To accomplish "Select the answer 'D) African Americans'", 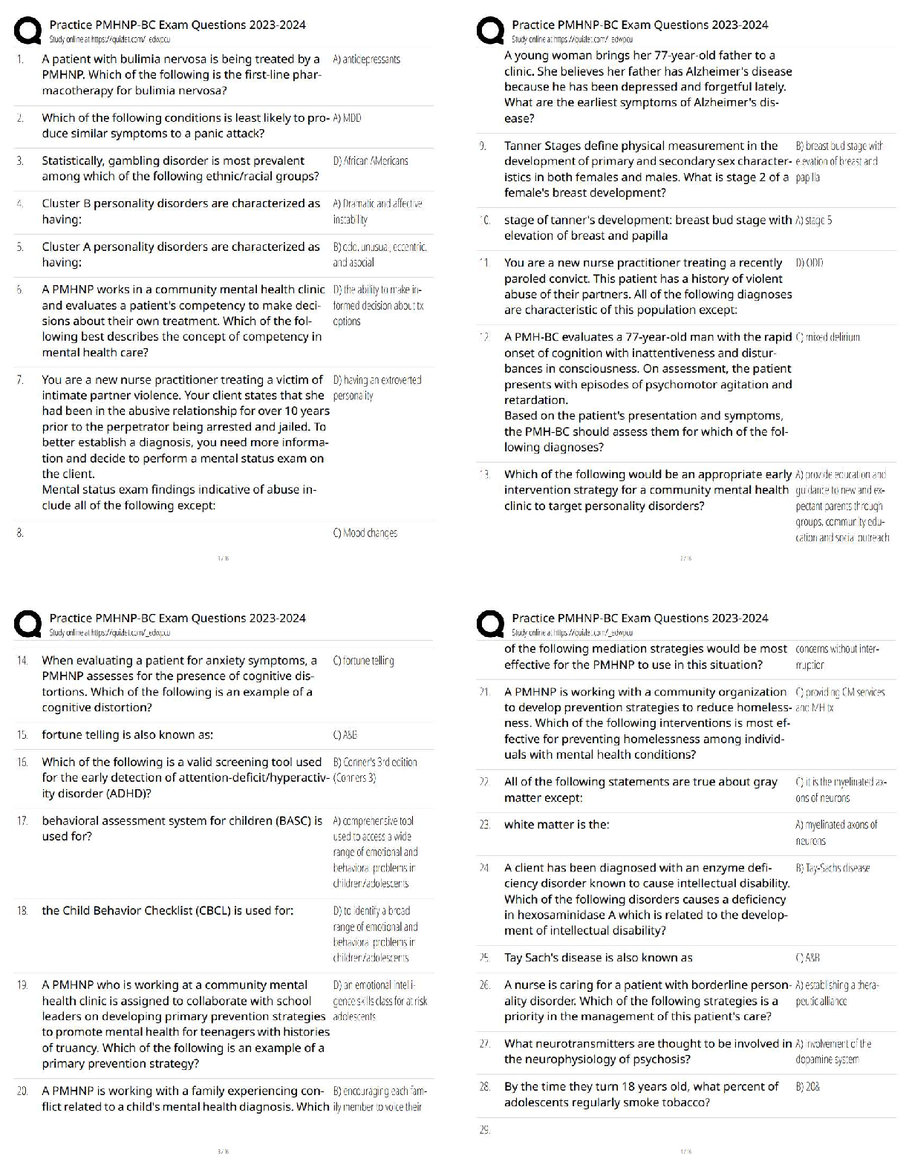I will pyautogui.click(x=371, y=160).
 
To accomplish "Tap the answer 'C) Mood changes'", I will pyautogui.click(x=365, y=533).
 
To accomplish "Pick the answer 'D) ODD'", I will pyautogui.click(x=809, y=263).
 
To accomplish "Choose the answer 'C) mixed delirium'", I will pyautogui.click(x=827, y=337).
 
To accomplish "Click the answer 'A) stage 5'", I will pyautogui.click(x=813, y=220).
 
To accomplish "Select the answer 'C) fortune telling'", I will pyautogui.click(x=364, y=661).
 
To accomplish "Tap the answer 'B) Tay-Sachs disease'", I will pyautogui.click(x=832, y=868).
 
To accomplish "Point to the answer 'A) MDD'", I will pyautogui.click(x=348, y=118).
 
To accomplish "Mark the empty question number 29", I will pyautogui.click(x=484, y=1130).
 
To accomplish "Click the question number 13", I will pyautogui.click(x=484, y=474).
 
